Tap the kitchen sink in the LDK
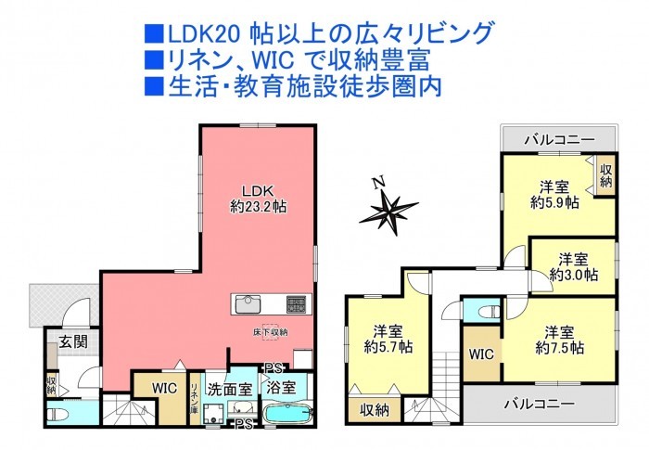pyautogui.click(x=248, y=304)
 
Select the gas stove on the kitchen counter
pyautogui.click(x=296, y=304)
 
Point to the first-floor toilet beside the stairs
pyautogui.click(x=57, y=413)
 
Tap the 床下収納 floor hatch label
pyautogui.click(x=271, y=332)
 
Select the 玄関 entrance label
pyautogui.click(x=73, y=341)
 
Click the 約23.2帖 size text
pyautogui.click(x=259, y=206)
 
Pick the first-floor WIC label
pyautogui.click(x=164, y=388)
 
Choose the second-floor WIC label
pyautogui.click(x=481, y=354)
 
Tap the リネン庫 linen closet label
pyautogui.click(x=194, y=398)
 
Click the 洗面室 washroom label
pyautogui.click(x=229, y=390)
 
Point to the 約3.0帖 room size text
pyautogui.click(x=574, y=275)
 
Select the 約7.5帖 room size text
pyautogui.click(x=560, y=347)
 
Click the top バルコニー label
pyautogui.click(x=560, y=140)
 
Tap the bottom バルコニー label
pyautogui.click(x=540, y=404)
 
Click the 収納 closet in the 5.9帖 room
pyautogui.click(x=606, y=175)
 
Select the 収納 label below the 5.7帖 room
pyautogui.click(x=375, y=410)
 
